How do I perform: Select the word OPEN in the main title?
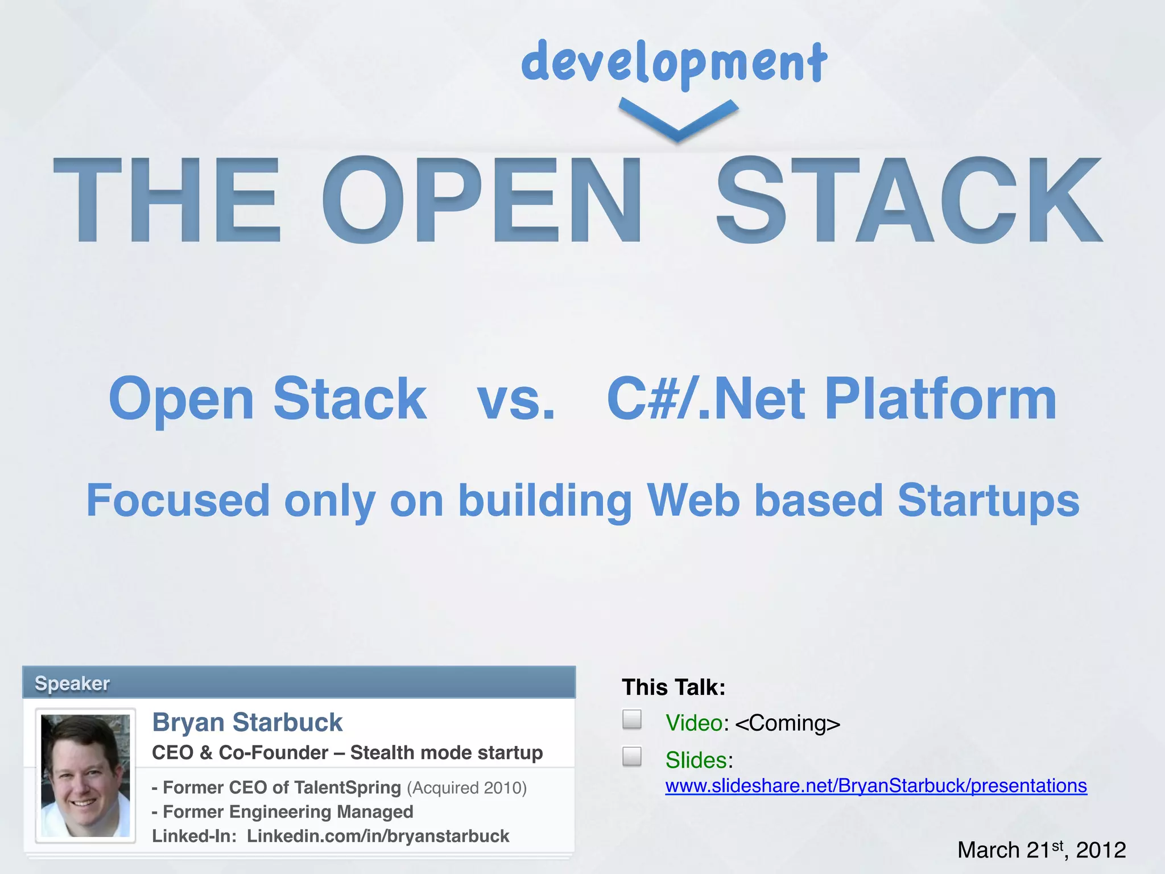point(482,200)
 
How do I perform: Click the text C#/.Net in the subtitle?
point(706,400)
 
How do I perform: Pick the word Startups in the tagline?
point(988,501)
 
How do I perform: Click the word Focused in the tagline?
point(177,501)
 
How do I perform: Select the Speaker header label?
point(72,683)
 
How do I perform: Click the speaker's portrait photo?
point(85,776)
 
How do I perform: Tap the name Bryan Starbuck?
point(247,723)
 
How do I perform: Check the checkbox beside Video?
point(631,719)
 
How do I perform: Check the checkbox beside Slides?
point(631,757)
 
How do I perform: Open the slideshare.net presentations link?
point(876,786)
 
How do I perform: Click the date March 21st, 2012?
point(1041,850)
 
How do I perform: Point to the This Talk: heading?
point(674,687)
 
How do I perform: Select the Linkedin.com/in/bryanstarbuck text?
point(378,836)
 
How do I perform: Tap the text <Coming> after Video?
point(787,723)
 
